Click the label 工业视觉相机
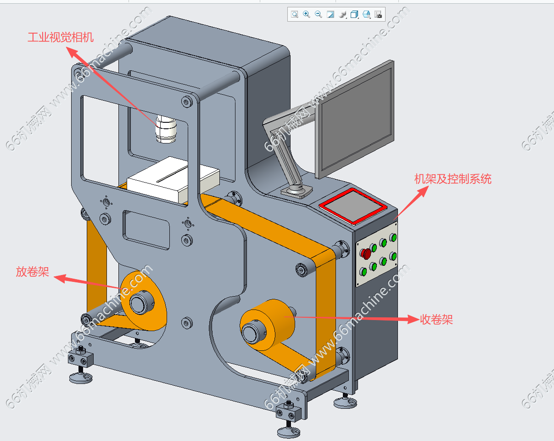[x=61, y=37]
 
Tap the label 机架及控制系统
[x=453, y=179]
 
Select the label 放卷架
[x=32, y=272]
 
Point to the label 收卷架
[x=436, y=320]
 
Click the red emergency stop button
[x=366, y=253]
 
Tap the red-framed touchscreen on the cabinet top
[x=352, y=205]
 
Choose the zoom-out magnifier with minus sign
[x=318, y=15]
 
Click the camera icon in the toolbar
[x=378, y=15]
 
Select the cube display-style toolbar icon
[x=354, y=15]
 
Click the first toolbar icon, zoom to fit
[x=294, y=15]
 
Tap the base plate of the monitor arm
[x=296, y=190]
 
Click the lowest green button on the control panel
[x=364, y=271]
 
